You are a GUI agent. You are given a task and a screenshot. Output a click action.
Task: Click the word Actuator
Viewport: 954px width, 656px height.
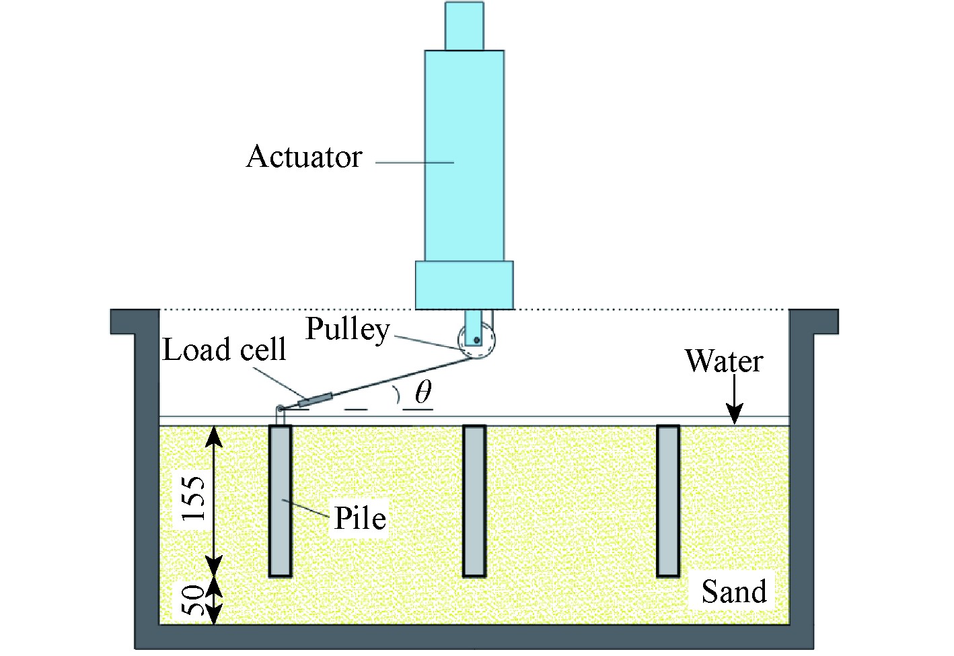304,157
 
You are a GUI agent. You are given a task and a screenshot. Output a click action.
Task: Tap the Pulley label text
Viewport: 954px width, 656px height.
347,329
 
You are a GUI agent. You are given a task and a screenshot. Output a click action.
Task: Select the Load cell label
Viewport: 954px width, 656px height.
224,350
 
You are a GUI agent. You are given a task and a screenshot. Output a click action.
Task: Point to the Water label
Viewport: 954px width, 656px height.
724,361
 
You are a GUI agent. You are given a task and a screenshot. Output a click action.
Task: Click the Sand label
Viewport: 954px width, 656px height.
733,592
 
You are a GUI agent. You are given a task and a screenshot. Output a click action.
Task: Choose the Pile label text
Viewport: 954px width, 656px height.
360,519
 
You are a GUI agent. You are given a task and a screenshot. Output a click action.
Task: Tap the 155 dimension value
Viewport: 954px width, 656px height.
194,499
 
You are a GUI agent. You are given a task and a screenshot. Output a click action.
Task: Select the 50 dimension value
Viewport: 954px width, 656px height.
194,599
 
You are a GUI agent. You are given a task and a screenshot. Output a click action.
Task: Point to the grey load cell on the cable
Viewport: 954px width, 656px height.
315,400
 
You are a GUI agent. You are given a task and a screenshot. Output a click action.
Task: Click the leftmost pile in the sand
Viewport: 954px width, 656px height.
281,501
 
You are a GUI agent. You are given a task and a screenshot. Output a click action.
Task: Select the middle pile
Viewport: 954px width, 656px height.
474,501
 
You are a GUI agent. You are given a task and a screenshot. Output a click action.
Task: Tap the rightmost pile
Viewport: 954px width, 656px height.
668,501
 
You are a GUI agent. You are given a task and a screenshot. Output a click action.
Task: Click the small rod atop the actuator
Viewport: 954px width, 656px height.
464,26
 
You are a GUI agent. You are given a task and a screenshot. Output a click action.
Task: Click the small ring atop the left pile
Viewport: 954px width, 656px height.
279,408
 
